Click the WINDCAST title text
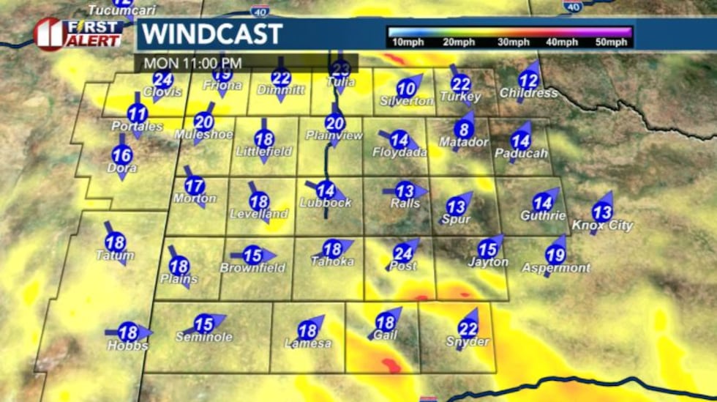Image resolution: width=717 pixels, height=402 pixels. point(211,34)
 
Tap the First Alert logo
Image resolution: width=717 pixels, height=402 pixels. point(78,34)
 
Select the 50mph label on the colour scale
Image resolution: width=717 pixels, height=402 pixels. point(611,42)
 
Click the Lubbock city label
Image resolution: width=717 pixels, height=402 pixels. point(326,203)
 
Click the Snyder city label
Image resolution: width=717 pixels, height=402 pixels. point(468,342)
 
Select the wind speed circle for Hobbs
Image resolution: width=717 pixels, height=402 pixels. point(128,332)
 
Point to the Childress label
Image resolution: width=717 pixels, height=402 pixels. point(528,93)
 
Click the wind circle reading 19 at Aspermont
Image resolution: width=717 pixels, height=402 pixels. point(555,255)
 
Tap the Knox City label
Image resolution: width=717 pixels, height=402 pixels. point(602,226)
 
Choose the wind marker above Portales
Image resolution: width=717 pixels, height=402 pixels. point(137,113)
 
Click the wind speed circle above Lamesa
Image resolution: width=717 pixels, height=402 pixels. point(307,331)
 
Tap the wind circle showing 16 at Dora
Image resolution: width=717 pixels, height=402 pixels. point(122,155)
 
